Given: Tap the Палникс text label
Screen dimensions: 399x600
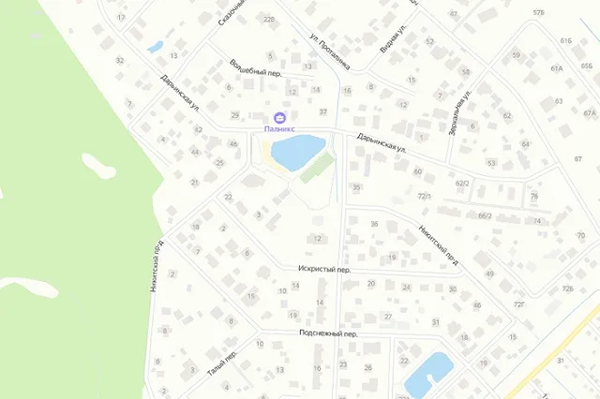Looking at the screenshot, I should (278, 120).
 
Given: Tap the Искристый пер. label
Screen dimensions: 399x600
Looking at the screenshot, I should (324, 269).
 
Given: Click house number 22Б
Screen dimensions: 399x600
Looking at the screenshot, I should (270, 20).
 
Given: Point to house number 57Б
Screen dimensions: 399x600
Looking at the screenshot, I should (538, 12).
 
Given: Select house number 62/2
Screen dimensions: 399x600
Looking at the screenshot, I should (461, 184).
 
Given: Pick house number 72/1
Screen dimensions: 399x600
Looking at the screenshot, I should (424, 196).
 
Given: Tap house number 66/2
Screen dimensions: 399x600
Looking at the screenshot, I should (485, 215).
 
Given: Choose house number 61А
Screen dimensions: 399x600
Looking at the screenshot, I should (557, 68).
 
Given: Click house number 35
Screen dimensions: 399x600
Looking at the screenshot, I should (356, 188).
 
